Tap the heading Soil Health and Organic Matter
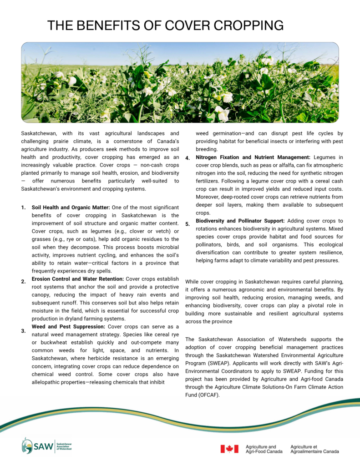click(71, 208)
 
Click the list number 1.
click(23, 208)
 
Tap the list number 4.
click(187, 158)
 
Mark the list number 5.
click(187, 224)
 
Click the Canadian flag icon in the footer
click(229, 449)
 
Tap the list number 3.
click(23, 331)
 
